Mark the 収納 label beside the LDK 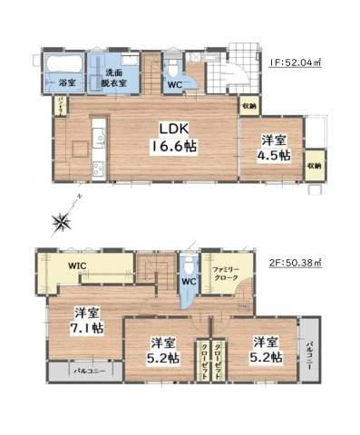[x=249, y=106]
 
